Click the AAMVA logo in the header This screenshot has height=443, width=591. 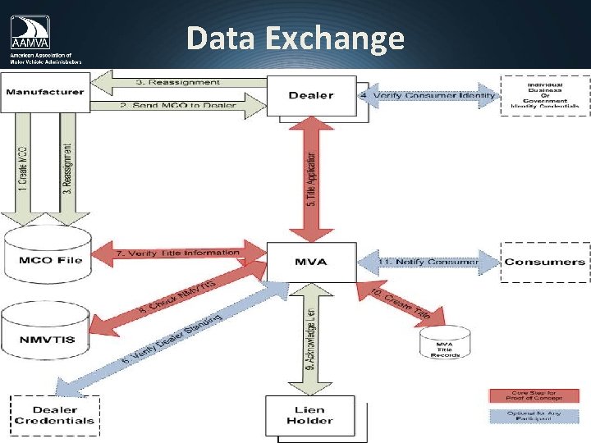(x=45, y=39)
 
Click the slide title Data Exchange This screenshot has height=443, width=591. (x=295, y=39)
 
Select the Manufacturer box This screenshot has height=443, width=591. (x=44, y=91)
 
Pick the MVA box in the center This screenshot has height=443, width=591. (x=311, y=262)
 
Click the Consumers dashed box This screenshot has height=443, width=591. (x=545, y=263)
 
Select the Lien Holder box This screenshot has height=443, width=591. (x=311, y=415)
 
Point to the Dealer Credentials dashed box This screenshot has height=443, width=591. (x=54, y=415)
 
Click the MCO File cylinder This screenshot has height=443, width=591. (x=50, y=259)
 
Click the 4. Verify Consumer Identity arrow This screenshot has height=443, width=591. (x=428, y=96)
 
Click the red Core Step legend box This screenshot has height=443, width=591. (x=534, y=395)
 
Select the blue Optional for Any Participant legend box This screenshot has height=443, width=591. (x=534, y=417)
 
